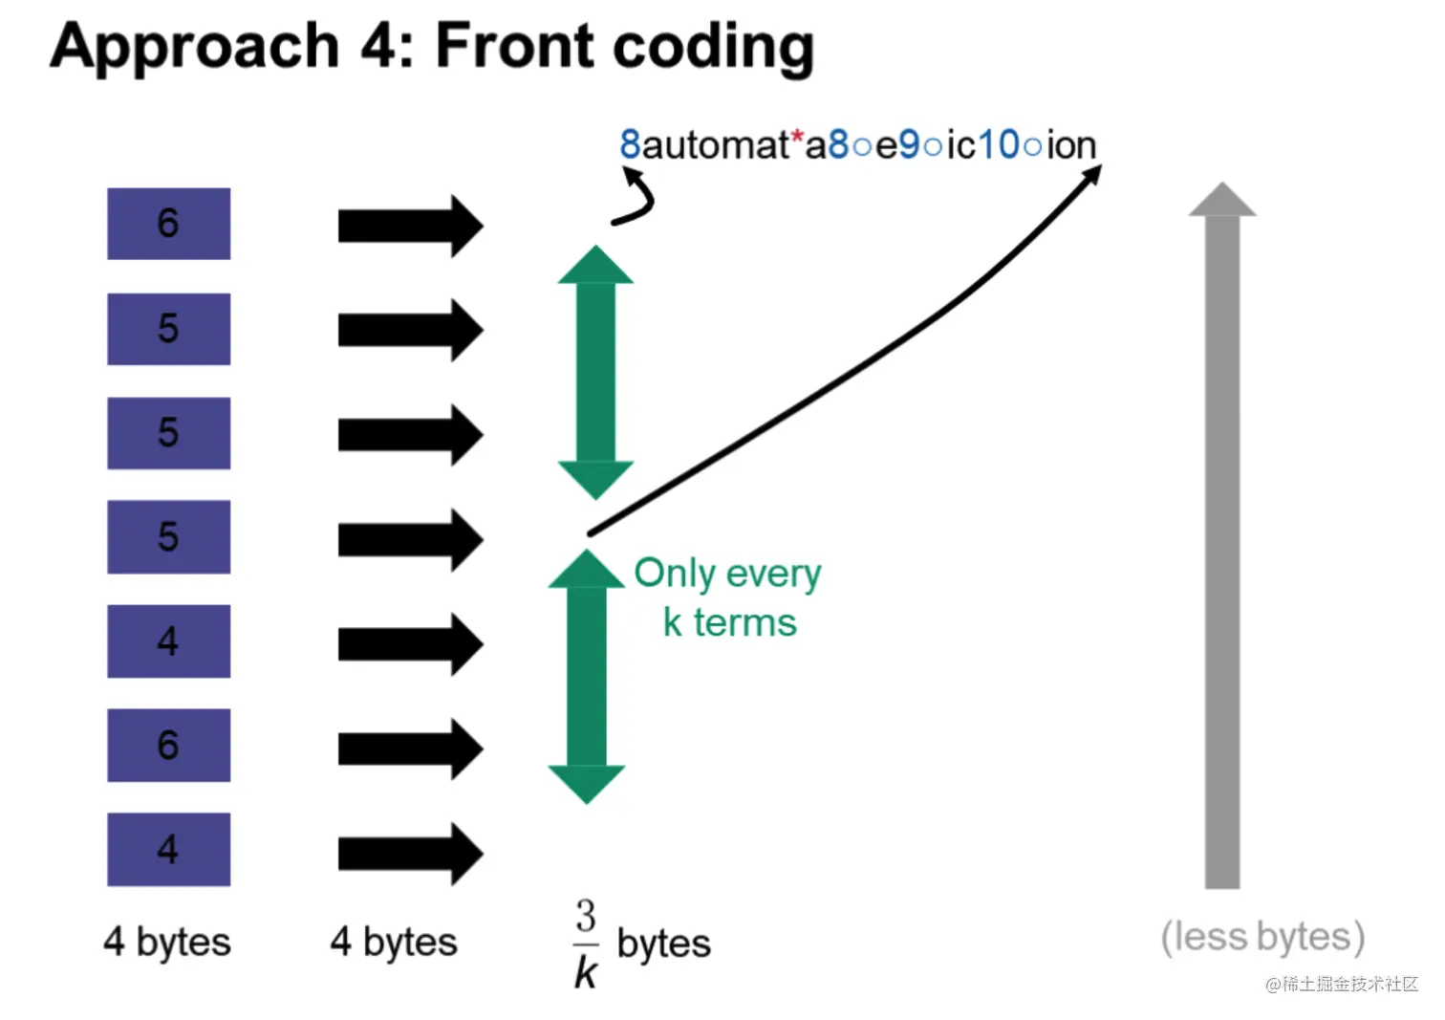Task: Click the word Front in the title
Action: click(514, 46)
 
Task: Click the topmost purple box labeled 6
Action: click(168, 224)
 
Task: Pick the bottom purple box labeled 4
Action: click(168, 849)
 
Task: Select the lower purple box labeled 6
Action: click(168, 745)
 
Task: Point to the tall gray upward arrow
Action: click(1221, 535)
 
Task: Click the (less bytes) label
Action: click(1262, 937)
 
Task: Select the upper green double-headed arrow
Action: click(595, 373)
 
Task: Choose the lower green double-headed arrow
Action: click(586, 677)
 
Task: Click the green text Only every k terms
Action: click(728, 597)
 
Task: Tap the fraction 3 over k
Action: click(586, 944)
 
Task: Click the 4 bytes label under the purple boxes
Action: click(167, 942)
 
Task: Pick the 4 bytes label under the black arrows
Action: click(394, 942)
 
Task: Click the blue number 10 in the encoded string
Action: click(998, 145)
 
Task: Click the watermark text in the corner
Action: click(1341, 984)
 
